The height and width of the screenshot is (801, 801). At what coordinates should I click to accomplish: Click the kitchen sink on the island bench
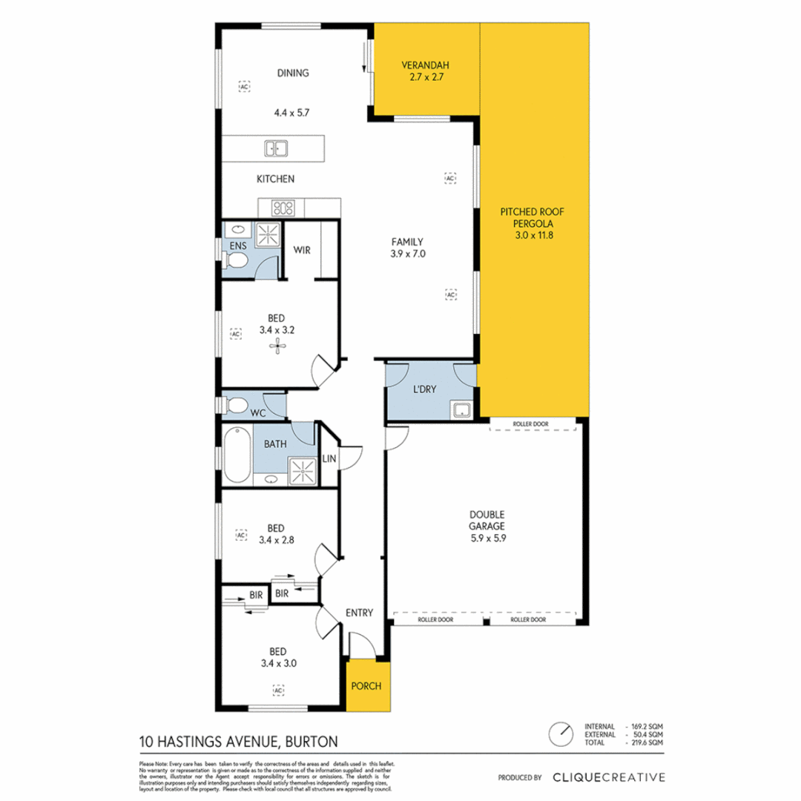tap(275, 149)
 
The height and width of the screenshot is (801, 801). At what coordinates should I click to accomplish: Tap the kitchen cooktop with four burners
tap(283, 208)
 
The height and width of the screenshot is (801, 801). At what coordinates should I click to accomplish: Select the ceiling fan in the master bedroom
tap(277, 344)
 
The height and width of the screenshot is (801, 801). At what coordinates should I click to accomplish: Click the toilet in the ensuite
tap(236, 261)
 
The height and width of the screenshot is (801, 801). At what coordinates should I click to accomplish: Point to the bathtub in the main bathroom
tap(236, 455)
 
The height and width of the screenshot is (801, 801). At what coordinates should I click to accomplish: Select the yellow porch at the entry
tap(366, 685)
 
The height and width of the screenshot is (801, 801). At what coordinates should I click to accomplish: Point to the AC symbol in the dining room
tap(243, 87)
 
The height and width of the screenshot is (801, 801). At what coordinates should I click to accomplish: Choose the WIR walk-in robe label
tap(302, 250)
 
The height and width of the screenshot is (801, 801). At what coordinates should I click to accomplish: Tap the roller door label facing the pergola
tap(531, 425)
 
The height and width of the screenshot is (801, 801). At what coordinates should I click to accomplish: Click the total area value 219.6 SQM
tap(646, 742)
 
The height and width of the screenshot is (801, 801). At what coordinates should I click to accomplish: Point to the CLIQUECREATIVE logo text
tap(608, 777)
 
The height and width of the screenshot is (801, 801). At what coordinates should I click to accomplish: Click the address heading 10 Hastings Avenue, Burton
tap(238, 740)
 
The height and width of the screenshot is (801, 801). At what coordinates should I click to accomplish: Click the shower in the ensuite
tap(268, 235)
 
